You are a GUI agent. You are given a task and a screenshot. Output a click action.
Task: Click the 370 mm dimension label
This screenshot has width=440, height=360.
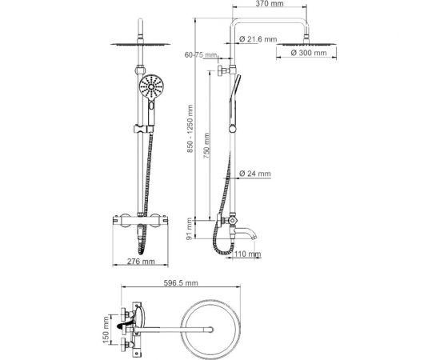[276, 5]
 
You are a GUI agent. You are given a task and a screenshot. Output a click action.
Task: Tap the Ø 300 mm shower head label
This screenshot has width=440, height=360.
[308, 54]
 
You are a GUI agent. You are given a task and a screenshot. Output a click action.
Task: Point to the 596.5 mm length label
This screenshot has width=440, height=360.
[179, 284]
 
